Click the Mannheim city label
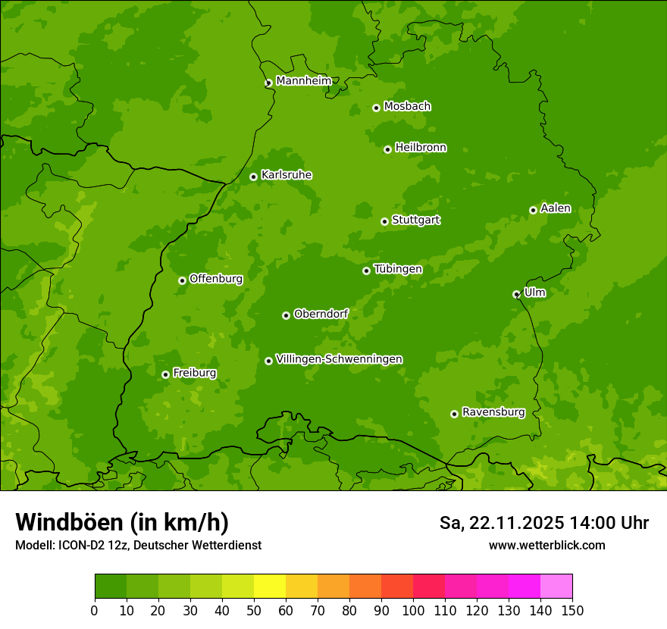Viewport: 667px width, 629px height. tap(303, 81)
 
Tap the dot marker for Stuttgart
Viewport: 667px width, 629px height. tap(385, 221)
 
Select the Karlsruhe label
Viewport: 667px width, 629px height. tap(286, 175)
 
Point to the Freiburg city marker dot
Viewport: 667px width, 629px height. tap(165, 374)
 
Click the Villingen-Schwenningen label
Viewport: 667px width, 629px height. tap(339, 359)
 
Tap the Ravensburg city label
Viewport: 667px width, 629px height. tap(493, 412)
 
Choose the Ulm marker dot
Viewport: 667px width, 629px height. tap(516, 294)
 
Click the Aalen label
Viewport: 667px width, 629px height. tap(555, 208)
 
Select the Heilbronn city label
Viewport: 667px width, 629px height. tap(420, 148)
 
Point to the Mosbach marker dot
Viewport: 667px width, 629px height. tap(376, 108)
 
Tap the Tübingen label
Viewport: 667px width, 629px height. tap(397, 269)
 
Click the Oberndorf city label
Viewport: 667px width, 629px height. tap(321, 314)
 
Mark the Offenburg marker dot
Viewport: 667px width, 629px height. tap(182, 280)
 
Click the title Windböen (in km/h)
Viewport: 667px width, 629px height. tap(121, 522)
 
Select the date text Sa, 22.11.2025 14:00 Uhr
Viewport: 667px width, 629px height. tap(543, 523)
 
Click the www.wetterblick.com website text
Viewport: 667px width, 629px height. tap(546, 545)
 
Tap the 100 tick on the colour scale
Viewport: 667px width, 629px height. tap(413, 610)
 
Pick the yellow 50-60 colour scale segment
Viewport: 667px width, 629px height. tap(269, 587)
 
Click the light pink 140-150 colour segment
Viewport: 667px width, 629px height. tap(556, 587)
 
